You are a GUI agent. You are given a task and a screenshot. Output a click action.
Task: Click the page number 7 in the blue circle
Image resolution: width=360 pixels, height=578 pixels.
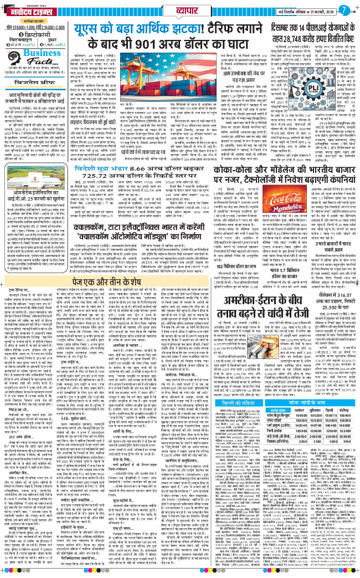click(344, 9)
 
